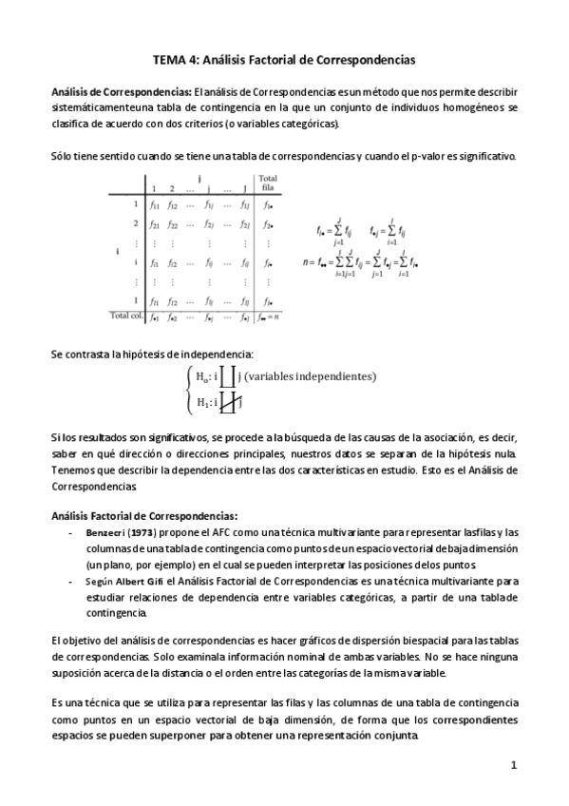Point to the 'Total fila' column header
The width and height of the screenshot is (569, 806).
(x=268, y=182)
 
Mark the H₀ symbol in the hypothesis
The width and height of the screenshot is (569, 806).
(x=202, y=377)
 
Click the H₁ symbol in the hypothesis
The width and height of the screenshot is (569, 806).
(x=202, y=402)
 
